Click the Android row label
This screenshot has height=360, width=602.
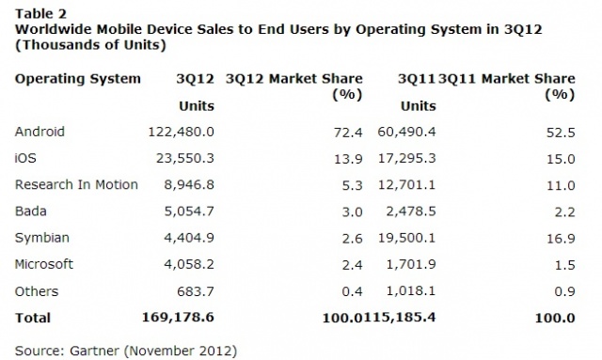coord(40,132)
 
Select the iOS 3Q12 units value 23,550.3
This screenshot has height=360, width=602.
coord(184,158)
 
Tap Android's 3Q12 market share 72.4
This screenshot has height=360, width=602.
coord(348,133)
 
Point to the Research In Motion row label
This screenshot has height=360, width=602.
coord(76,184)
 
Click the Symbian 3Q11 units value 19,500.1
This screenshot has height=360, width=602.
coord(406,238)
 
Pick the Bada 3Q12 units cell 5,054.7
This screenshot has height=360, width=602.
coord(189,211)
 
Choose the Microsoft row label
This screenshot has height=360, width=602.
coord(44,264)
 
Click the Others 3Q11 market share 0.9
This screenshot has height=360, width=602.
coord(564,291)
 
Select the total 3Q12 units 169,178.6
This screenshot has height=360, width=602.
coord(178,318)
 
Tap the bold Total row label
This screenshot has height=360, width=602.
coord(33,318)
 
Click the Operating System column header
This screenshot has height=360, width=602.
coord(77,79)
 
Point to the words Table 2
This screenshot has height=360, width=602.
coord(40,14)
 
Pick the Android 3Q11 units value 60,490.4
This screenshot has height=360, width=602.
coord(406,132)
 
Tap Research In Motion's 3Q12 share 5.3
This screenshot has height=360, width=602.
coord(352,185)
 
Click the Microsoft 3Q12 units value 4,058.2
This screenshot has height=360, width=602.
coord(189,264)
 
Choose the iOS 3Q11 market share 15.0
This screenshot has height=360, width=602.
coord(561,159)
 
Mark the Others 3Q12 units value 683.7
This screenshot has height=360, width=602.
coord(195,291)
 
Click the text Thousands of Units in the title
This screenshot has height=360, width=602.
coord(90,45)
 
